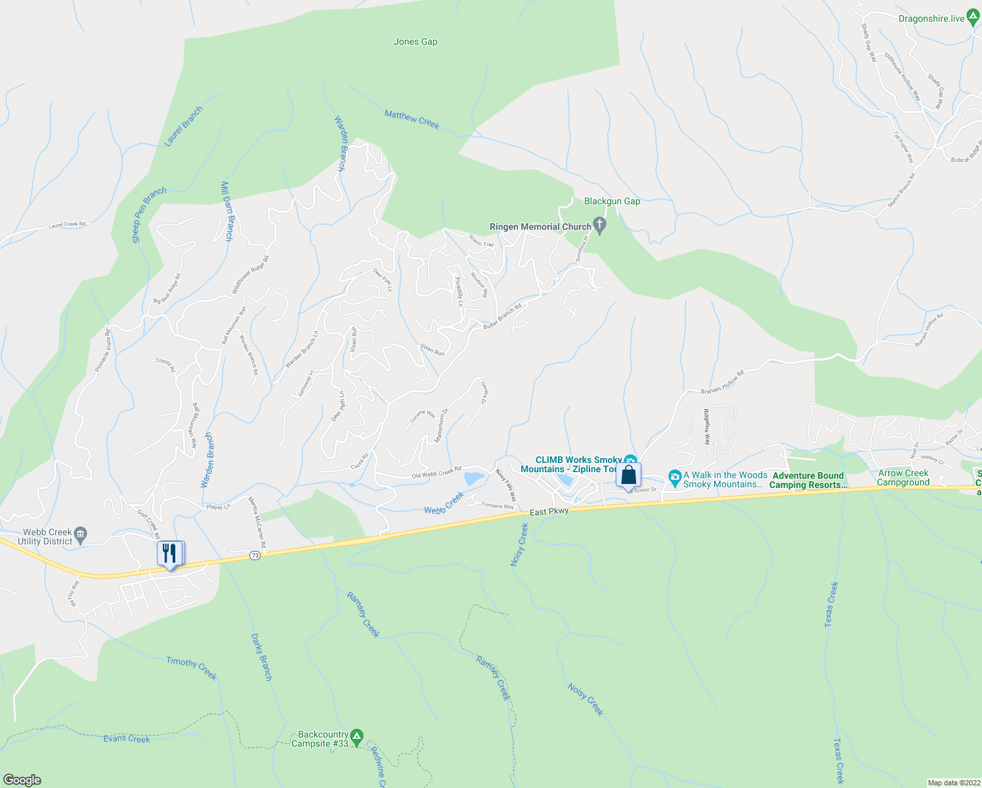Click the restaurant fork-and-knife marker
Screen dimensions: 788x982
170,554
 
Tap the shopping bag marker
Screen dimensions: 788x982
628,475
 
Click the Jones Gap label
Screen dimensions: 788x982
416,41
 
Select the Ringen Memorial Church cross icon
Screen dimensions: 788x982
599,226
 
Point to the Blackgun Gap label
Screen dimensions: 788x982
612,201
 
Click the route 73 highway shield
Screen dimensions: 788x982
255,556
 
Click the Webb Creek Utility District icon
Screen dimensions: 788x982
80,533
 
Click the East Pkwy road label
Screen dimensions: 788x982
549,512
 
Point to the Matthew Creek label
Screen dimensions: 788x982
412,120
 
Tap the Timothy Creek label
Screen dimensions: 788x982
191,668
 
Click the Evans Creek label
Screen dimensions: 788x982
127,739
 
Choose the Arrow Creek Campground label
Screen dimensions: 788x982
903,477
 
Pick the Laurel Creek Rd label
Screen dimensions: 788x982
67,225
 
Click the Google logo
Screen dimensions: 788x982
22,780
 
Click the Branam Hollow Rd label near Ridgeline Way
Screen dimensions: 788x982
722,382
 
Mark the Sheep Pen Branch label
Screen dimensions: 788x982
150,215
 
